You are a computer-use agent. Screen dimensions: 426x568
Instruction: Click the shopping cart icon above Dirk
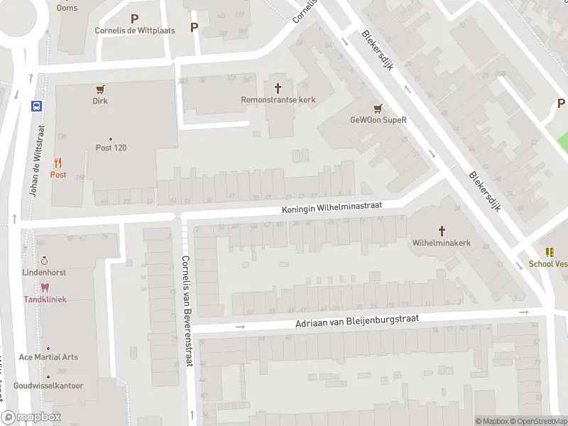(100, 89)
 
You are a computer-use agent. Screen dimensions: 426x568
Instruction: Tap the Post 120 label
(111, 148)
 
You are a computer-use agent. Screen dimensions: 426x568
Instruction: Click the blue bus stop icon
(36, 106)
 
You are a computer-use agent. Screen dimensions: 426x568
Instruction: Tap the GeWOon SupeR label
(378, 120)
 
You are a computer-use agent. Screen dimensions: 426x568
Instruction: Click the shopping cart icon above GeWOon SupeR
(378, 108)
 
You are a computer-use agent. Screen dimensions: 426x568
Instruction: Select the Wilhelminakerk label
(442, 243)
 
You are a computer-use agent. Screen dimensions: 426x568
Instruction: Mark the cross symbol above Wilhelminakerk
(442, 231)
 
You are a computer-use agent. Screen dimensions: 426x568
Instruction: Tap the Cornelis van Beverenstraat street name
(186, 310)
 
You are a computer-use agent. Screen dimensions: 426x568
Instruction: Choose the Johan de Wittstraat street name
(36, 162)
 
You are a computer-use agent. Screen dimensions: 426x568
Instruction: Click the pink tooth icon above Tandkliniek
(45, 288)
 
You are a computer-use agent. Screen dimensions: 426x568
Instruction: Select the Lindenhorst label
(45, 272)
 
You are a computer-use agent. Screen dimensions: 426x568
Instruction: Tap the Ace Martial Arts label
(48, 357)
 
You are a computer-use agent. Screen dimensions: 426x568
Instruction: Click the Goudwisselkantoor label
(48, 386)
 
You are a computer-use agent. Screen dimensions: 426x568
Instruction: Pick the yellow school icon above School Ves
(549, 252)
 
